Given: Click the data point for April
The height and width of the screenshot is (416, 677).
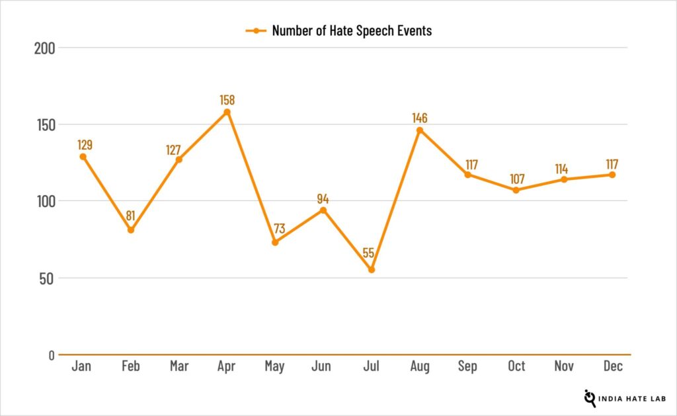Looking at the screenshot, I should tap(227, 112).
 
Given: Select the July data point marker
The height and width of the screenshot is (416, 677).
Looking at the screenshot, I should tap(372, 270).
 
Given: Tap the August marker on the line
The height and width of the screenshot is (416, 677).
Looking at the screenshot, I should tap(420, 130).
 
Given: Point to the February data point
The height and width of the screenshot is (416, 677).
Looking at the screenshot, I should tap(131, 230).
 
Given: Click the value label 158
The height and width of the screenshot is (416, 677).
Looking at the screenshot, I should tap(227, 100).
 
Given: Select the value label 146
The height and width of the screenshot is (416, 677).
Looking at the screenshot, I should tap(420, 118).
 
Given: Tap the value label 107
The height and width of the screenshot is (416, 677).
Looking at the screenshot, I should tap(516, 179).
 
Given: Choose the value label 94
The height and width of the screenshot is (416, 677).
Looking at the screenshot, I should tap(323, 198).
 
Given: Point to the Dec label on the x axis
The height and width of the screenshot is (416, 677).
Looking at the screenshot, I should tap(612, 366).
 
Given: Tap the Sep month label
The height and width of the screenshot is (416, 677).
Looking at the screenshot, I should tap(468, 366).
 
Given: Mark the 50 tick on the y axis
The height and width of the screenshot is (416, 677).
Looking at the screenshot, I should tap(46, 278).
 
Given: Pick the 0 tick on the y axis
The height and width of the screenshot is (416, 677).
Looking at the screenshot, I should tap(51, 355).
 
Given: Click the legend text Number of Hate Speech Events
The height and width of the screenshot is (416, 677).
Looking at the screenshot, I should tap(352, 30).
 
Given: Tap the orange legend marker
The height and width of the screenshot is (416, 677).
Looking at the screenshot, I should tap(255, 30).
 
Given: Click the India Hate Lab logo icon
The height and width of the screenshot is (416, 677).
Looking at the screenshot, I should tap(590, 397).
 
